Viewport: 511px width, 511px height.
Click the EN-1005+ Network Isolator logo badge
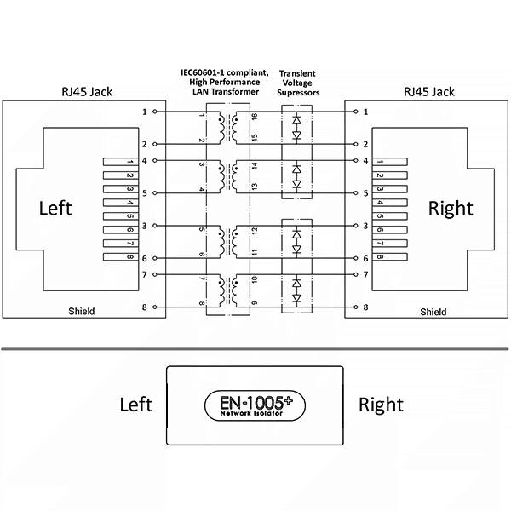pyautogui.click(x=255, y=405)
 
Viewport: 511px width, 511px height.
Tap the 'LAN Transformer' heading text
pyautogui.click(x=226, y=92)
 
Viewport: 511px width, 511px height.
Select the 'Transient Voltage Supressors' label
pyautogui.click(x=298, y=83)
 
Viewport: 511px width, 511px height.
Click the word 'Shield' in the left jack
pyautogui.click(x=82, y=311)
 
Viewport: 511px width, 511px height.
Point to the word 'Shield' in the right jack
pyautogui.click(x=433, y=312)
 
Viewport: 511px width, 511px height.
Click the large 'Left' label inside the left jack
pyautogui.click(x=55, y=208)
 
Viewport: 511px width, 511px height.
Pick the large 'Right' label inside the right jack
pyautogui.click(x=451, y=209)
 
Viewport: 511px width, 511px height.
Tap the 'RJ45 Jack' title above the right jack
pyautogui.click(x=429, y=92)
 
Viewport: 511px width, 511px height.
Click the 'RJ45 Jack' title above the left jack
pyautogui.click(x=87, y=92)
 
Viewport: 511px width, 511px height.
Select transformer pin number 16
pyautogui.click(x=255, y=117)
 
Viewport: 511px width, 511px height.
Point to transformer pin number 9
pyautogui.click(x=255, y=303)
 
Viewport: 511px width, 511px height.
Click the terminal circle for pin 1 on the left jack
pyautogui.click(x=155, y=112)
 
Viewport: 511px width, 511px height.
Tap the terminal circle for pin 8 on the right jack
pyautogui.click(x=355, y=307)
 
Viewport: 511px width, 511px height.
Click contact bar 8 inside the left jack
pyautogui.click(x=121, y=257)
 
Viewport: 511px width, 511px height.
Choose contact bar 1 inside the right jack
pyautogui.click(x=390, y=162)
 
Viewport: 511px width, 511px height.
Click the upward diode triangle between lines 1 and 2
pyautogui.click(x=296, y=120)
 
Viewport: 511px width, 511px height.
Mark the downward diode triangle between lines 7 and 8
pyautogui.click(x=296, y=298)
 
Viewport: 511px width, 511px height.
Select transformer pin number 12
pyautogui.click(x=255, y=231)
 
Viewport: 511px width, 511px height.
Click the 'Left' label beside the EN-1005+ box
pyautogui.click(x=136, y=405)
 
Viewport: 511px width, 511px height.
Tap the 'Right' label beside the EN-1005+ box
pyautogui.click(x=381, y=405)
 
